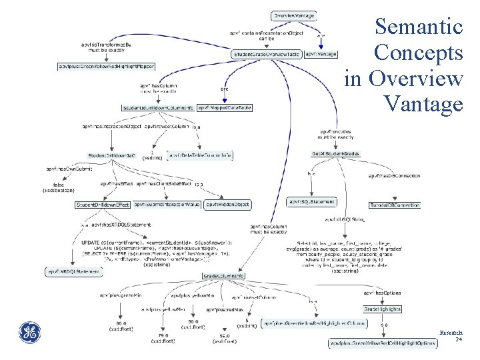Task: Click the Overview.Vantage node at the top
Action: click(x=294, y=15)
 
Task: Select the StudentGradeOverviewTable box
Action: click(x=266, y=53)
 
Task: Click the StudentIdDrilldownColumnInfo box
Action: click(x=158, y=107)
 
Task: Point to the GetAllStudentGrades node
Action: click(x=336, y=154)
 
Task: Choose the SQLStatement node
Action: click(x=311, y=201)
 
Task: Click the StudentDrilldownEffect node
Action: click(x=103, y=204)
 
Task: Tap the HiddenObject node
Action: click(x=228, y=204)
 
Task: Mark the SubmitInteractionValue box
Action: click(x=167, y=204)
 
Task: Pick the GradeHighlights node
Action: click(x=382, y=309)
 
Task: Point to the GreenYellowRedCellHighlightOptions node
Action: click(x=383, y=343)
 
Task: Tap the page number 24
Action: click(x=458, y=339)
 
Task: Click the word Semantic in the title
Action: click(x=418, y=27)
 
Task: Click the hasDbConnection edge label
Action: click(x=393, y=176)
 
